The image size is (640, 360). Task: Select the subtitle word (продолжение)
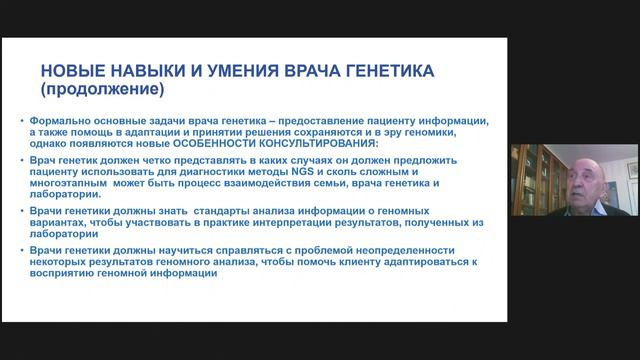[101, 89]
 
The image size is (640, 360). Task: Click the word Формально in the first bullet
[62, 120]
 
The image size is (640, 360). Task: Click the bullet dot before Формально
[22, 120]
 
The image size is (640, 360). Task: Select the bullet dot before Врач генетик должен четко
[22, 161]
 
